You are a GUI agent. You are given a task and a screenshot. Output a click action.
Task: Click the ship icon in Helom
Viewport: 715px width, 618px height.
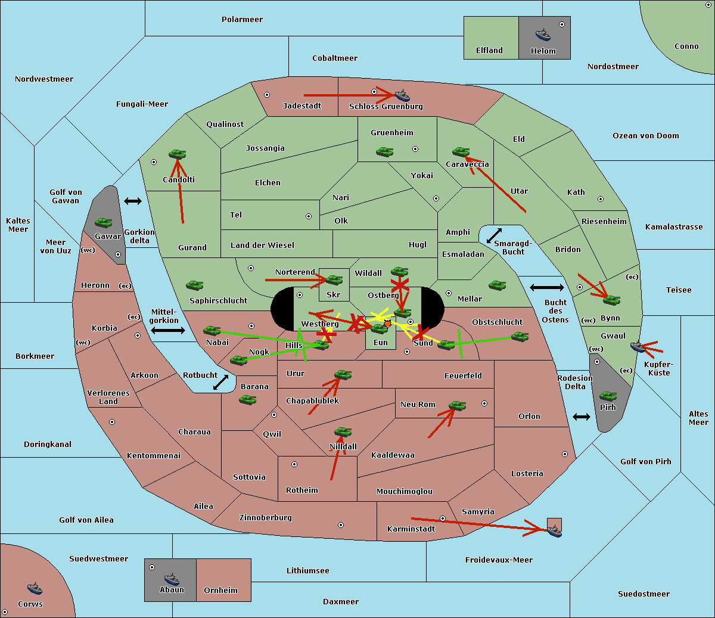pyautogui.click(x=543, y=34)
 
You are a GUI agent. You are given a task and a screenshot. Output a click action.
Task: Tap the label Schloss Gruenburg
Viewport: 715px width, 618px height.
pyautogui.click(x=386, y=107)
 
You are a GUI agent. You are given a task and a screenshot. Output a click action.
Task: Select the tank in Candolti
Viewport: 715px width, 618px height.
pyautogui.click(x=177, y=154)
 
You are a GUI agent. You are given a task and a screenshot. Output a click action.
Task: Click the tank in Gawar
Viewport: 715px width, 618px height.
pyautogui.click(x=103, y=223)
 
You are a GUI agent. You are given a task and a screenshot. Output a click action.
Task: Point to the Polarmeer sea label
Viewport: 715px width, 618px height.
pyautogui.click(x=242, y=20)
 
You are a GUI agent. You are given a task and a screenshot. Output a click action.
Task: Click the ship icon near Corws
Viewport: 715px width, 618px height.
pyautogui.click(x=35, y=588)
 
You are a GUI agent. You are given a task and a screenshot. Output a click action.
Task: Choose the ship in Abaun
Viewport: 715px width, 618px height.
pyautogui.click(x=172, y=579)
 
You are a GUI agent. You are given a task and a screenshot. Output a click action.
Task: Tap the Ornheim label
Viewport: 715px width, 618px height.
pyautogui.click(x=220, y=591)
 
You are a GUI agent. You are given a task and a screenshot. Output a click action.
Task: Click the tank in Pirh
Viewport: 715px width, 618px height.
pyautogui.click(x=608, y=396)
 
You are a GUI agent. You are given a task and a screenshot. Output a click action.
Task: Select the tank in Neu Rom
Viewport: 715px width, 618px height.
pyautogui.click(x=457, y=406)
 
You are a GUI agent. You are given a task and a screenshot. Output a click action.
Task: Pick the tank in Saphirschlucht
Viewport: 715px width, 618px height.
pyautogui.click(x=194, y=286)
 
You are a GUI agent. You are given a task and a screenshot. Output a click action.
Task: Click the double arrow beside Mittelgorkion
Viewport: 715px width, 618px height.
pyautogui.click(x=168, y=330)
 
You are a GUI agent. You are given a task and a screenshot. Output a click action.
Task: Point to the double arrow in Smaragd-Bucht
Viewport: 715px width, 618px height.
pyautogui.click(x=495, y=235)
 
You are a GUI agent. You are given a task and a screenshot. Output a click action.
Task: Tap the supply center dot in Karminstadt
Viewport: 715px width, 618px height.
pyautogui.click(x=443, y=518)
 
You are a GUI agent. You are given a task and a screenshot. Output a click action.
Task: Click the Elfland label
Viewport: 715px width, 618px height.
pyautogui.click(x=489, y=51)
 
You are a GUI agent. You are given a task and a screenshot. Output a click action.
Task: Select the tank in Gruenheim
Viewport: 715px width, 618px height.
pyautogui.click(x=384, y=152)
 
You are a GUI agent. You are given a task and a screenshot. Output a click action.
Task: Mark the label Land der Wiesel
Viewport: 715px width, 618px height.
pyautogui.click(x=262, y=245)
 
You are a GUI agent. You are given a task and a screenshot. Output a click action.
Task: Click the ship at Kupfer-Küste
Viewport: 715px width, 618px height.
pyautogui.click(x=638, y=346)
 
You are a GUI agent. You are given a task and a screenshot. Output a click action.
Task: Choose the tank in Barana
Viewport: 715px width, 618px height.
pyautogui.click(x=247, y=400)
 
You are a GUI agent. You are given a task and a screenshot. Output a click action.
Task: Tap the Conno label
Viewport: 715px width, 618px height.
pyautogui.click(x=686, y=46)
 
